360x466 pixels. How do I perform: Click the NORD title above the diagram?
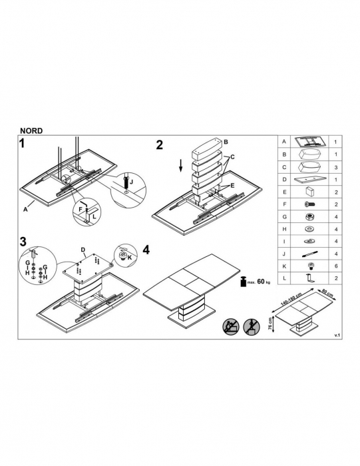pyautogui.click(x=31, y=130)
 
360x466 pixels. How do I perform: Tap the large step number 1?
pyautogui.click(x=22, y=144)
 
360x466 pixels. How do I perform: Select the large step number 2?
pyautogui.click(x=160, y=145)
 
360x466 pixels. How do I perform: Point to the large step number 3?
pyautogui.click(x=23, y=242)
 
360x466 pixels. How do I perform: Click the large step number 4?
pyautogui.click(x=146, y=250)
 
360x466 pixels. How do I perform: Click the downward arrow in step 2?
pyautogui.click(x=180, y=166)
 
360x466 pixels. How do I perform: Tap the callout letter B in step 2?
pyautogui.click(x=226, y=142)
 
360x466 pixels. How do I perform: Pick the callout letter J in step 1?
pyautogui.click(x=131, y=182)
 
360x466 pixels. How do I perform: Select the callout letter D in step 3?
pyautogui.click(x=83, y=250)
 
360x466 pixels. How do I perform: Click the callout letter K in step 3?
pyautogui.click(x=130, y=258)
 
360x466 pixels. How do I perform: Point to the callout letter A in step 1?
pyautogui.click(x=25, y=209)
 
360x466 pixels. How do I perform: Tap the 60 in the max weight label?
pyautogui.click(x=261, y=281)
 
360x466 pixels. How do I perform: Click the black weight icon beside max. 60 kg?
pyautogui.click(x=244, y=282)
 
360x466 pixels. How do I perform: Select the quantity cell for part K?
pyautogui.click(x=336, y=266)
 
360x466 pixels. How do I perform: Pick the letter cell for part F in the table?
pyautogui.click(x=284, y=204)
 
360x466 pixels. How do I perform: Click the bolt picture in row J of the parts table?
pyautogui.click(x=309, y=254)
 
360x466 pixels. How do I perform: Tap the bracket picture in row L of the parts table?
pyautogui.click(x=310, y=278)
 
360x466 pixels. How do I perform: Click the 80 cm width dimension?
pyautogui.click(x=327, y=292)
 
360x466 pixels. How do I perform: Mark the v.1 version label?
pyautogui.click(x=337, y=336)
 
